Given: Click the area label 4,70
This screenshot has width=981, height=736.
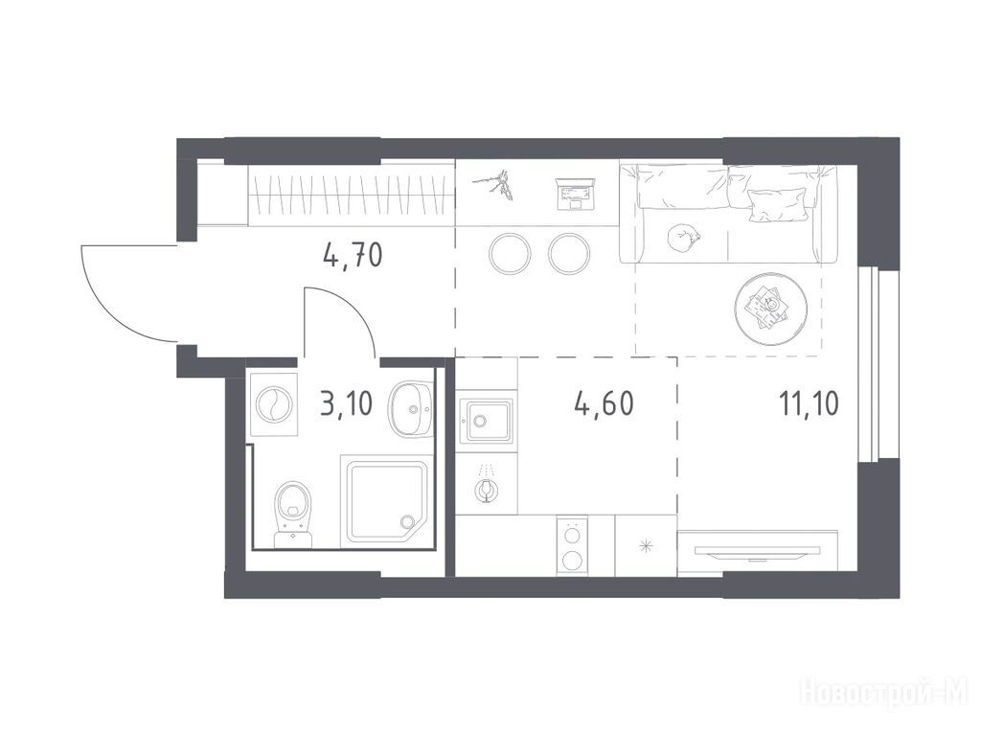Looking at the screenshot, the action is [353, 255].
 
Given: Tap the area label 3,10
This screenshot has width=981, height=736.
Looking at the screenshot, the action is [346, 404].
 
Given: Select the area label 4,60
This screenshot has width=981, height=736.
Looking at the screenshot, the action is [604, 404].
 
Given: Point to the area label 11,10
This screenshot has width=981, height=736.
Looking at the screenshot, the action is [809, 404].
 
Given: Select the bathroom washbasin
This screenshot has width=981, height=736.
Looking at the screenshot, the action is [410, 409].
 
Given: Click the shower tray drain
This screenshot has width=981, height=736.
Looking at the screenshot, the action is [408, 520].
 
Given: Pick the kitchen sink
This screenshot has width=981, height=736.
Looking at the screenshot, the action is [486, 421].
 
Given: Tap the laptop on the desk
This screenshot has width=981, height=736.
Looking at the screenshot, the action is [575, 194].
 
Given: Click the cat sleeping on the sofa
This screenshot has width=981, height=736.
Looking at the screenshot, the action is [683, 238].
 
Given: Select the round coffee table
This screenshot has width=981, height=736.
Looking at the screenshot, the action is [771, 309].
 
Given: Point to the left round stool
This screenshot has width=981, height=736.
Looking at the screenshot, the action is [511, 253].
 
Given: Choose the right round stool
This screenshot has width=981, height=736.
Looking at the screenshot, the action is [569, 253].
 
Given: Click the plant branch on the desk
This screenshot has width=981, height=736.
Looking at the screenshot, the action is [494, 183].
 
